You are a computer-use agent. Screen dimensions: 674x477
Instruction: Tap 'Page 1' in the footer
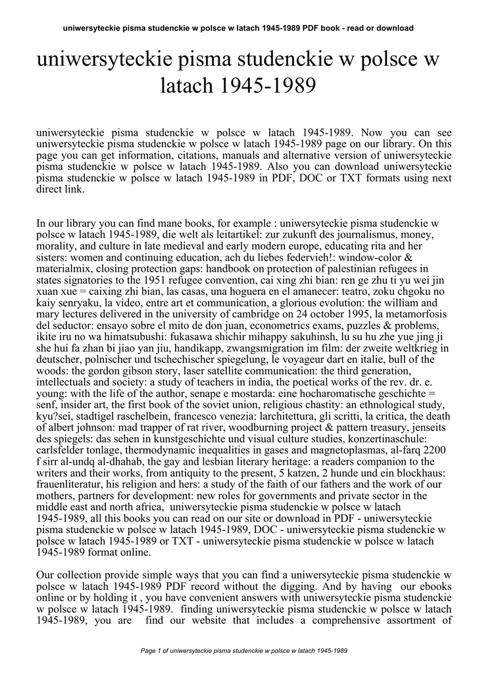(154, 651)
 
